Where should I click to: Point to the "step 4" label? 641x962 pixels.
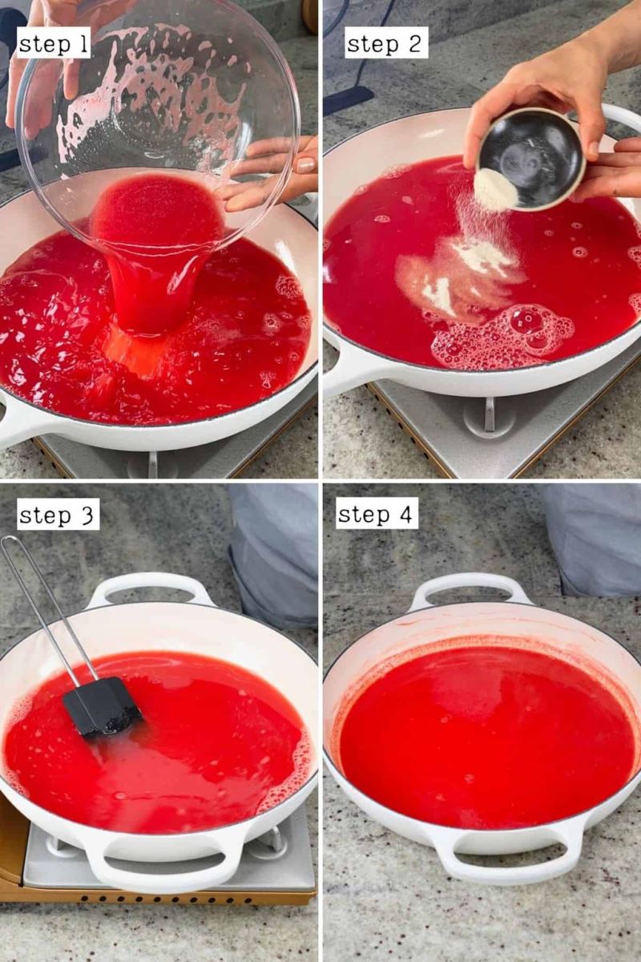coord(377,514)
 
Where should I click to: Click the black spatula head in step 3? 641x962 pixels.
coord(102,706)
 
